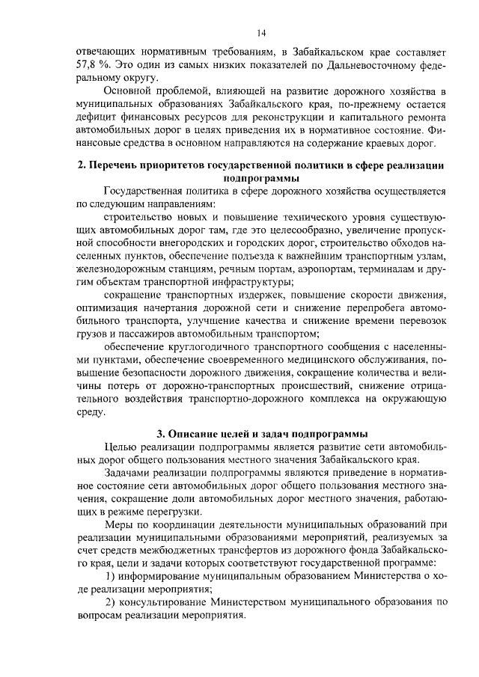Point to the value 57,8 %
click(94, 65)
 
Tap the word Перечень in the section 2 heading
click(118, 165)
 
